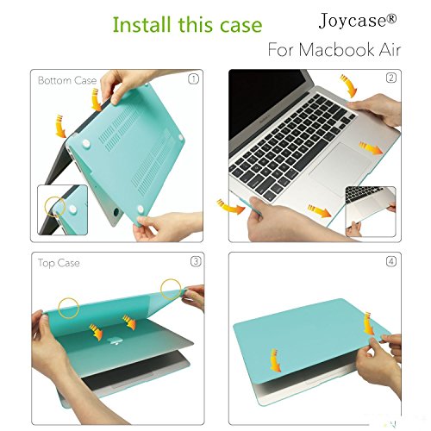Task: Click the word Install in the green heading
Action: coord(142,24)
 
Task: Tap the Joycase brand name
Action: coord(358,21)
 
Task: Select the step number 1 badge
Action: coord(193,79)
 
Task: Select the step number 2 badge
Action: coord(390,78)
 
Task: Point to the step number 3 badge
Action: coord(196,261)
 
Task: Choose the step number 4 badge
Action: coord(391,261)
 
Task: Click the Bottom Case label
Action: coord(67,80)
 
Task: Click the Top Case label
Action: coord(59,263)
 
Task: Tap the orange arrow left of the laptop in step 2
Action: coord(230,208)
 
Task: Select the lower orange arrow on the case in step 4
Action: coord(275,360)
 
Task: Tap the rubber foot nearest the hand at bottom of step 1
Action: coord(141,209)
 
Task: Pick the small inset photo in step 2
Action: coord(371,211)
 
